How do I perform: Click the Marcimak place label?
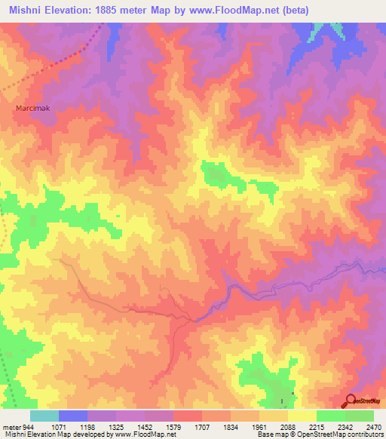(x=32, y=108)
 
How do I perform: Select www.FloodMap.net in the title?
(x=233, y=10)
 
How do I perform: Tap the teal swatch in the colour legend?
(x=44, y=416)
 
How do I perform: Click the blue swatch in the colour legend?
(x=73, y=416)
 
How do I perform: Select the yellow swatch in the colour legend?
(x=302, y=416)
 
